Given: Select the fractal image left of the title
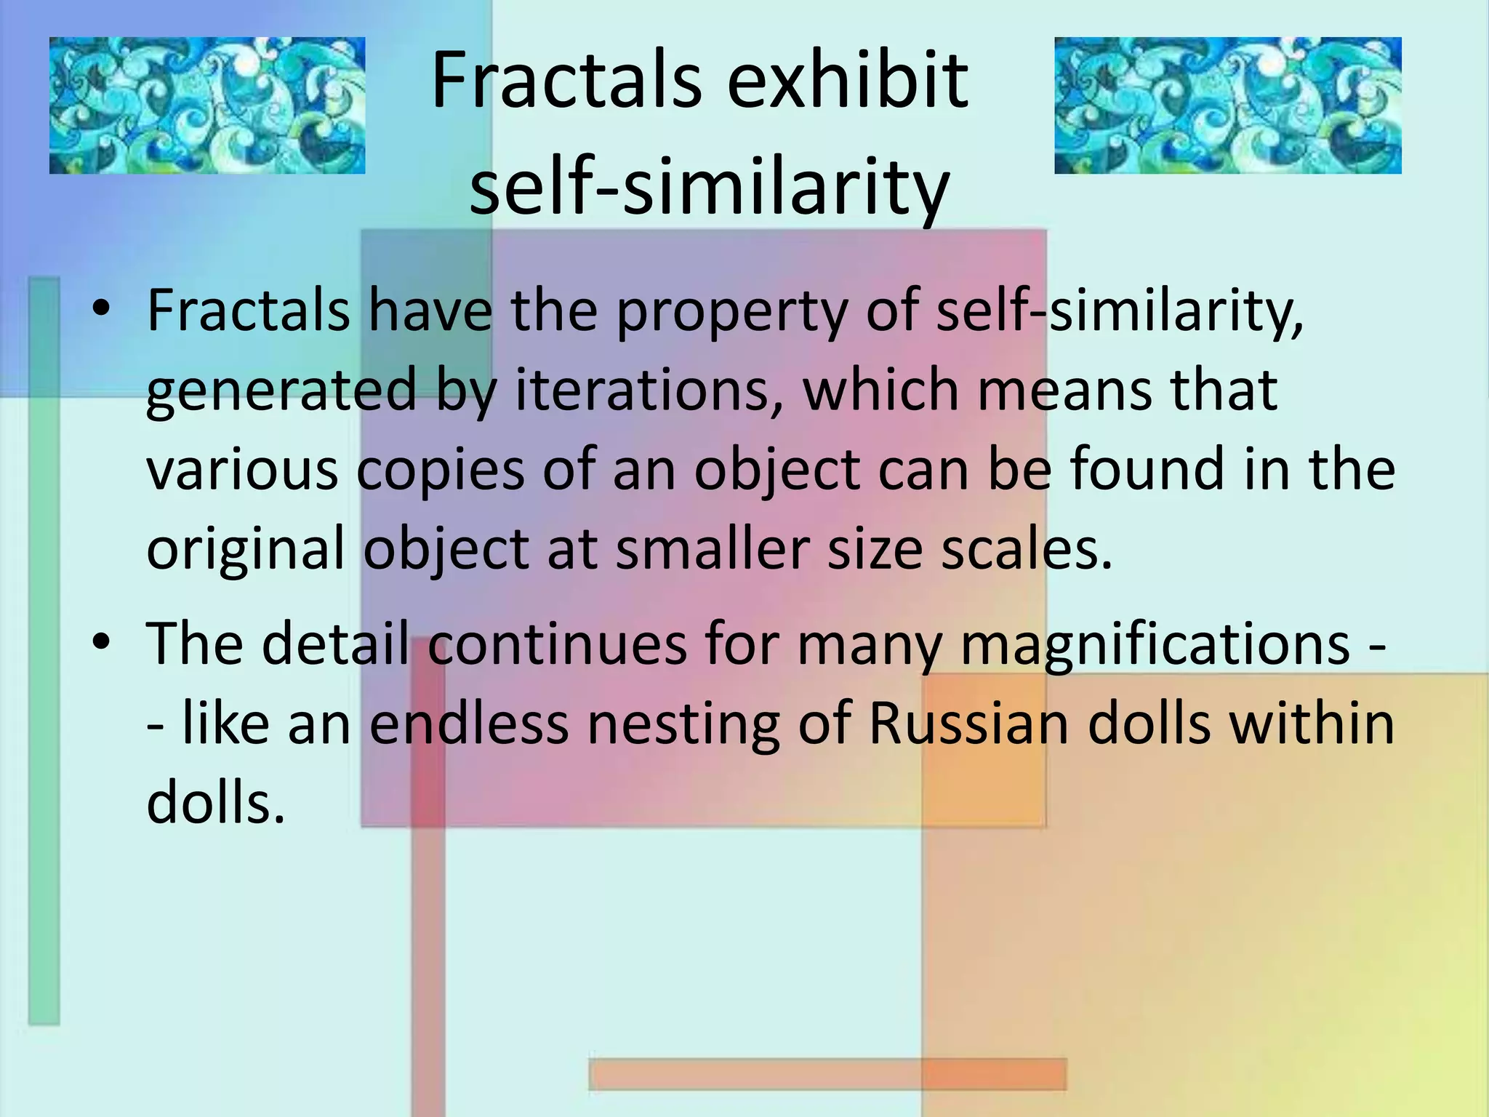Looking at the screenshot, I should pyautogui.click(x=207, y=105).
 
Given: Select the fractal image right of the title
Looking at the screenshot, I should pyautogui.click(x=1228, y=105).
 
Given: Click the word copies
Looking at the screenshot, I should pyautogui.click(x=440, y=471).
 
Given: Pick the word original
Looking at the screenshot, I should pyautogui.click(x=246, y=551).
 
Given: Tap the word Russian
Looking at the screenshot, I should pyautogui.click(x=968, y=724).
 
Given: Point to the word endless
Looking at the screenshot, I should pyautogui.click(x=469, y=724).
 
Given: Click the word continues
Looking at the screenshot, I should pyautogui.click(x=557, y=644).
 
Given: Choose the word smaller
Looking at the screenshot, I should pyautogui.click(x=712, y=549).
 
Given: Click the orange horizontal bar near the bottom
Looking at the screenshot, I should pyautogui.click(x=827, y=1074).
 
